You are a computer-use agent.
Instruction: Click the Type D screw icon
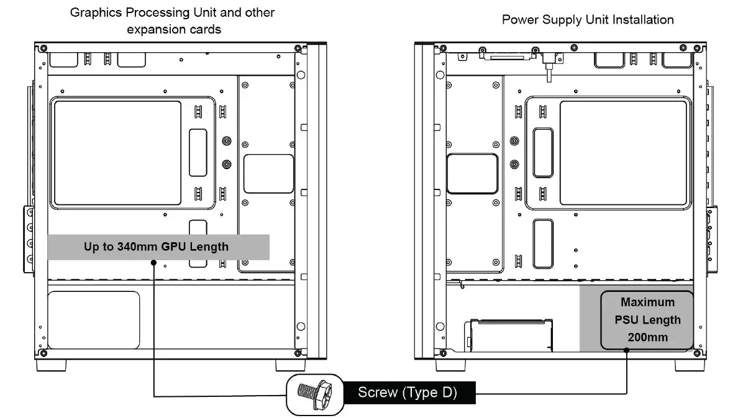coord(316,394)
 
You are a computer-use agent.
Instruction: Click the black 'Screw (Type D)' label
coord(407,393)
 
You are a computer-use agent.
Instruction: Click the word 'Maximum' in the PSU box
coord(647,302)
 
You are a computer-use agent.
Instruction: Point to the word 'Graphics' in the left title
coord(93,12)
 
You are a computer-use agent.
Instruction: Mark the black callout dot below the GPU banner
coord(153,263)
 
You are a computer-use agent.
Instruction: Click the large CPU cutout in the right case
coord(624,153)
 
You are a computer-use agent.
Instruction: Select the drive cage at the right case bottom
coord(511,335)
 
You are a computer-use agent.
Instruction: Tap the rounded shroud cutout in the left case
coord(93,319)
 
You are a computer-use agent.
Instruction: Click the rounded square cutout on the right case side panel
coord(472,174)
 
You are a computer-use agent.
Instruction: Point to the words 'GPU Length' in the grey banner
coord(195,247)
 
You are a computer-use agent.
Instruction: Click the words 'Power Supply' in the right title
coord(534,19)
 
